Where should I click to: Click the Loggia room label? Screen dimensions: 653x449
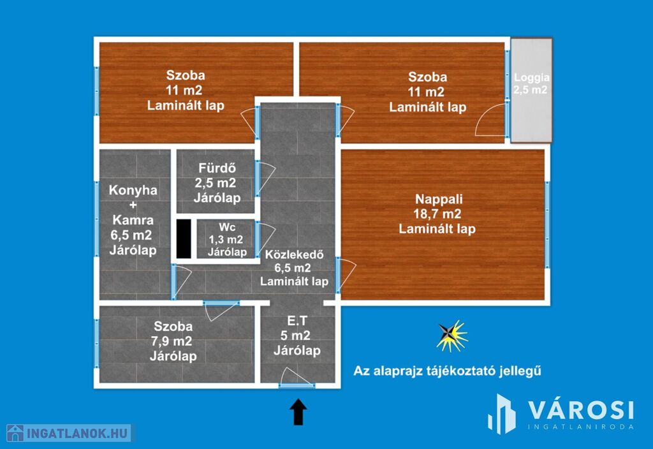tap(531, 77)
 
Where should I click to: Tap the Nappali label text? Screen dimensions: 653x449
tap(439, 199)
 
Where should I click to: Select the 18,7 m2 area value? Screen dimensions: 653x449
tap(437, 214)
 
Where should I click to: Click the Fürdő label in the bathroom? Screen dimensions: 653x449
tap(217, 168)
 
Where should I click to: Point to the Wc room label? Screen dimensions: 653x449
tap(227, 227)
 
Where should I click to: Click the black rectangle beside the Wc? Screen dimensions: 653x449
tap(184, 239)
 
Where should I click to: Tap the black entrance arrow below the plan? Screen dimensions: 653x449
tap(298, 411)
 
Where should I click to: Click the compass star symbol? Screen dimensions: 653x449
tap(451, 335)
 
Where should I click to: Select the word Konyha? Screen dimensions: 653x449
tap(133, 190)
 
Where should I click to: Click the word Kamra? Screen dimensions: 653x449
tap(133, 220)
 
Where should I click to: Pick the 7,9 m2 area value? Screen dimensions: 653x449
tap(172, 341)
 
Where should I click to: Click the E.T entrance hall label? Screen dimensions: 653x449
tap(297, 321)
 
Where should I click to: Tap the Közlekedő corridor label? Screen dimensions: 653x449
tap(294, 254)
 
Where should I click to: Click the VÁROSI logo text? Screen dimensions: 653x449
tap(581, 410)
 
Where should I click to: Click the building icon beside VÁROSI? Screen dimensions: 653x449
tap(501, 414)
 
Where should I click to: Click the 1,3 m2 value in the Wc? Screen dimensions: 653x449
tap(226, 240)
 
